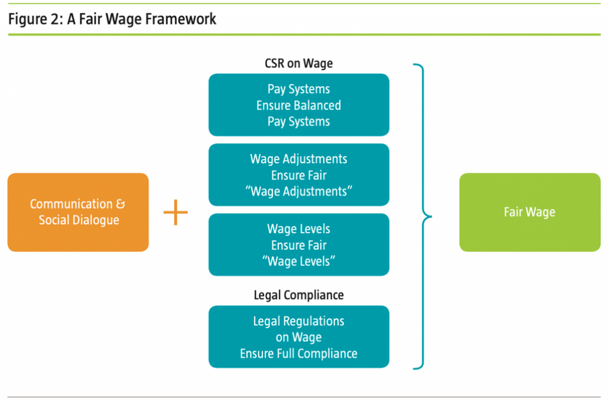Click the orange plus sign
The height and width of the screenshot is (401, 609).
click(x=175, y=212)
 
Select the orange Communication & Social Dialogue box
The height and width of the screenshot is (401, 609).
click(x=78, y=212)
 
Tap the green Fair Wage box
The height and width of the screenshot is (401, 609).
click(x=529, y=212)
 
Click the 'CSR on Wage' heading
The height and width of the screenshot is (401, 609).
click(x=299, y=64)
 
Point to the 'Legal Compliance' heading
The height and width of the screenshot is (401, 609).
click(x=299, y=295)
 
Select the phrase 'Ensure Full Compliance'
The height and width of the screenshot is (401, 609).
click(x=299, y=353)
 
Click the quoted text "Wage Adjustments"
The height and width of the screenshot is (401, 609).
click(x=299, y=192)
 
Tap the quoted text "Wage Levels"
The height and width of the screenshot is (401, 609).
click(x=299, y=261)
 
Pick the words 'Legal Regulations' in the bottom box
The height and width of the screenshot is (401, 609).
click(x=299, y=321)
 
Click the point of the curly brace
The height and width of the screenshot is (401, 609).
click(x=429, y=217)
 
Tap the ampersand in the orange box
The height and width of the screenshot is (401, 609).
click(x=120, y=204)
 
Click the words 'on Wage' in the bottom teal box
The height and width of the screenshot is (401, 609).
click(x=299, y=337)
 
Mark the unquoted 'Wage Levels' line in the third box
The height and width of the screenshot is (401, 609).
click(x=299, y=229)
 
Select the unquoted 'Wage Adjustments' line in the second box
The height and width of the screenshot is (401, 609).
click(x=299, y=159)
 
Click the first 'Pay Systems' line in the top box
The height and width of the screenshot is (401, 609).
click(x=299, y=89)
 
